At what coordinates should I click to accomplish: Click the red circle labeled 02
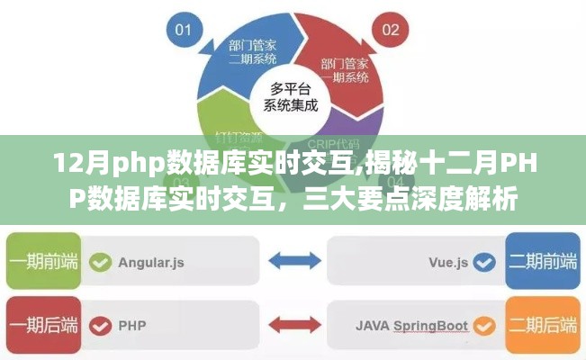click(391, 30)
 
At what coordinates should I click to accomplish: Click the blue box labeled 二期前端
click(544, 262)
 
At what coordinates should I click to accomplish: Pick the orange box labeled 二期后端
click(544, 323)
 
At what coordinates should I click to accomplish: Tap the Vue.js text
click(448, 263)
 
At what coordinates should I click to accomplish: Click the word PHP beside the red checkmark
click(131, 323)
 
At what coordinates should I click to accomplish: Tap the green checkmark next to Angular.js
click(102, 262)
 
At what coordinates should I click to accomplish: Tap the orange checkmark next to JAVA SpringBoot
click(485, 323)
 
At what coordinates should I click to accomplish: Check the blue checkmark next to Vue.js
click(485, 263)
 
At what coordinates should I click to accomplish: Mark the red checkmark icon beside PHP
click(102, 323)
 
